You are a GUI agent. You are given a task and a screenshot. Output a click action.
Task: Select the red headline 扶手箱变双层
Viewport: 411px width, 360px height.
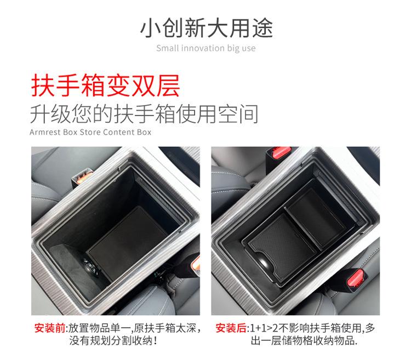pyautogui.click(x=105, y=86)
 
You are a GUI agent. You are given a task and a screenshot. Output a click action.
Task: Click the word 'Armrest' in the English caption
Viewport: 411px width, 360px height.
pyautogui.click(x=45, y=132)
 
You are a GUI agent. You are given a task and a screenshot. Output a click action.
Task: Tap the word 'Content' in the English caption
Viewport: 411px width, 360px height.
pyautogui.click(x=117, y=132)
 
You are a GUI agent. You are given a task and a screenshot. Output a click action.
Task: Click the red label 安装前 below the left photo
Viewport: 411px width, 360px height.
pyautogui.click(x=49, y=329)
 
